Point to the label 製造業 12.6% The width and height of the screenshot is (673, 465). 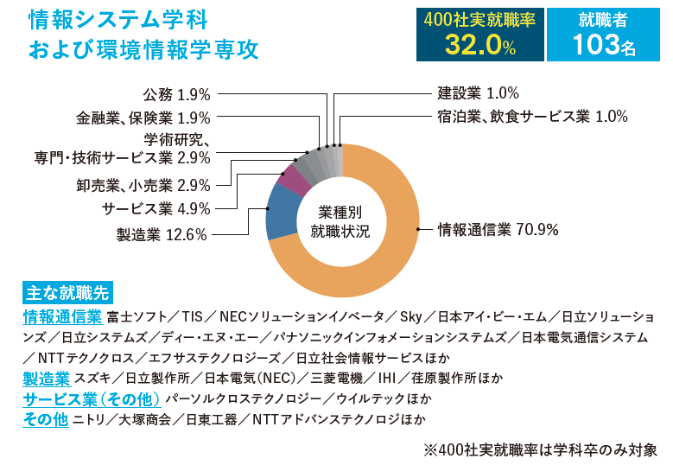[x=162, y=234]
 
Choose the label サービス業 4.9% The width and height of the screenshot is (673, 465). [x=156, y=208]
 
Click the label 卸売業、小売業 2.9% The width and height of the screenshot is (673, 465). [x=143, y=184]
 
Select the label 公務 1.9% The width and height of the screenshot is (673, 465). [x=176, y=94]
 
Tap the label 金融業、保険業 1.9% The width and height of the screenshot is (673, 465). [x=143, y=118]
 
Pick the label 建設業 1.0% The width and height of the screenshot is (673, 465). [x=478, y=94]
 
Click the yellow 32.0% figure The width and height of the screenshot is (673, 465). [x=480, y=45]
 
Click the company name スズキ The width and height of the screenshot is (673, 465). [x=92, y=378]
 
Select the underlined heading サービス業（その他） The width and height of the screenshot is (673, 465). [x=92, y=399]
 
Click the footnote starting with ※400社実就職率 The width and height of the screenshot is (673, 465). [x=540, y=449]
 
